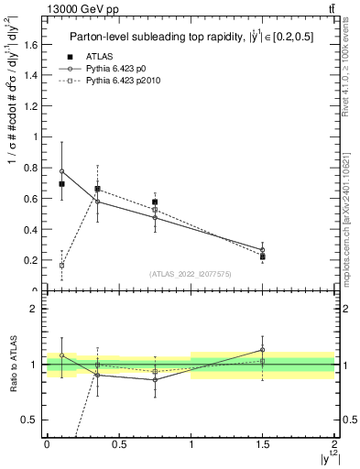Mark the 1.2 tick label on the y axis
click(x=33, y=106)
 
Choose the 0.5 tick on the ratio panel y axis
click(x=35, y=420)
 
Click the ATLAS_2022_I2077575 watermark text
click(x=191, y=274)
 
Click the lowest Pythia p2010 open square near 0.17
click(x=61, y=265)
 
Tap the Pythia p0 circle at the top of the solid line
click(x=61, y=171)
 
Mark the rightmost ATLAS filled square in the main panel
click(x=263, y=256)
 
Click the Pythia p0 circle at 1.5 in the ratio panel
click(x=263, y=350)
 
